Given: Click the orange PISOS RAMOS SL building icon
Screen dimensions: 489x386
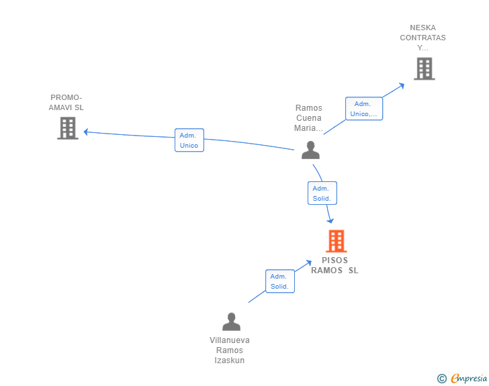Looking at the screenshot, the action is [336, 241].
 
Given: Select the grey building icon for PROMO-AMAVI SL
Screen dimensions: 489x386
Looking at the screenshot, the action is [68, 128].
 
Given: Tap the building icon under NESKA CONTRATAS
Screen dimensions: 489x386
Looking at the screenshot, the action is [425, 68].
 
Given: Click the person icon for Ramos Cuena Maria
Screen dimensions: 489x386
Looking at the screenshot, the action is [310, 150].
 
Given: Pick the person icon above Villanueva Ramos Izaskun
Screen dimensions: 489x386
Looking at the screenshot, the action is [231, 322].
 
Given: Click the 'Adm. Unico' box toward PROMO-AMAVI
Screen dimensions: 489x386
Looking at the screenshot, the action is [189, 140].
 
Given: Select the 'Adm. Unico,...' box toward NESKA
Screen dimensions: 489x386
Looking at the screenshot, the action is [364, 109].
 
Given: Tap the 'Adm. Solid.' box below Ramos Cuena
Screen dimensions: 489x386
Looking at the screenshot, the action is [322, 193].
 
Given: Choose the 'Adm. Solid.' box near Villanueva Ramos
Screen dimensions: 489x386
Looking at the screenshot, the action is [280, 281].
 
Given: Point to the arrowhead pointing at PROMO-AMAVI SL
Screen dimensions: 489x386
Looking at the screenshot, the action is [86, 132].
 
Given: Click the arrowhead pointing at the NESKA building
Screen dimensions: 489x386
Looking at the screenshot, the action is [402, 85].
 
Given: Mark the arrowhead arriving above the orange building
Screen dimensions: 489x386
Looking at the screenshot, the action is [330, 221].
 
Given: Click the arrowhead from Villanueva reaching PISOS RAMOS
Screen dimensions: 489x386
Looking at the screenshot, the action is [309, 263].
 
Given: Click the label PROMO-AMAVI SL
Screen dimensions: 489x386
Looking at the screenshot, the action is [66, 102].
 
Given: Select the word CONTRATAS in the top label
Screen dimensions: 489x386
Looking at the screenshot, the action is [423, 38].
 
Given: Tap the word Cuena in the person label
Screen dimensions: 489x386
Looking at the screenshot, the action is [309, 118].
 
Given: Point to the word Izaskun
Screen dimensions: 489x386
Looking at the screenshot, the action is [230, 360].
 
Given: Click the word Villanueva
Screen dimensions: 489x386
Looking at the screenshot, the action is [230, 340].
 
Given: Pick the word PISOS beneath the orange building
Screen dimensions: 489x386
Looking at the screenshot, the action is [335, 260].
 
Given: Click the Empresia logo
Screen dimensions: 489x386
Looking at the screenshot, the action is [462, 379].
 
